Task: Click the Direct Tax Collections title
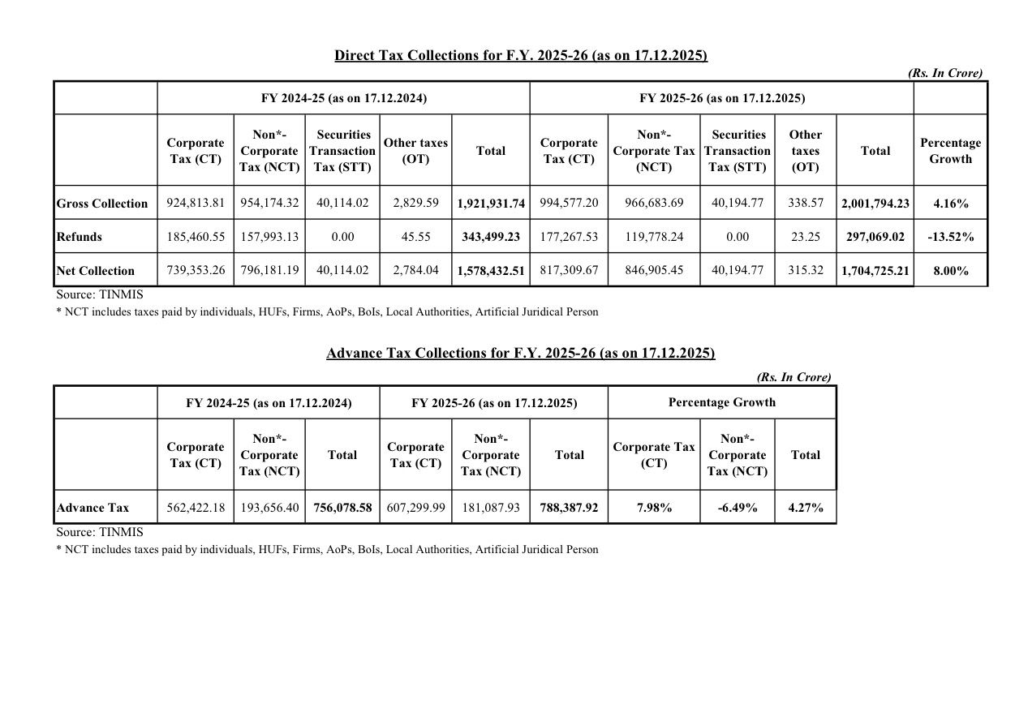[x=521, y=55]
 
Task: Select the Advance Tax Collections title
[x=520, y=353]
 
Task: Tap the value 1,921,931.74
[x=491, y=204]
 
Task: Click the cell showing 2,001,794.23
[x=875, y=204]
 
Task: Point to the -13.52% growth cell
[x=950, y=237]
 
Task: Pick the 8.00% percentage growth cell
[x=950, y=271]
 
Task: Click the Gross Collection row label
[x=102, y=204]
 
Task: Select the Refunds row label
[x=80, y=237]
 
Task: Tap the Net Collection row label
[x=96, y=271]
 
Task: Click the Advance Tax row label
[x=92, y=508]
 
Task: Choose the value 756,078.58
[x=342, y=508]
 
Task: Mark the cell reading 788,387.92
[x=569, y=508]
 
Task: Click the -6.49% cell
[x=738, y=508]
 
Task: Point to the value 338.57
[x=805, y=203]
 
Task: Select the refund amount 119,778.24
[x=654, y=237]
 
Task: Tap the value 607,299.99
[x=416, y=508]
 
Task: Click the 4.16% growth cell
[x=950, y=204]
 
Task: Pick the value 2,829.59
[x=415, y=203]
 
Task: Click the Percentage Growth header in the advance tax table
[x=721, y=402]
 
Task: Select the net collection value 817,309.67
[x=569, y=270]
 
